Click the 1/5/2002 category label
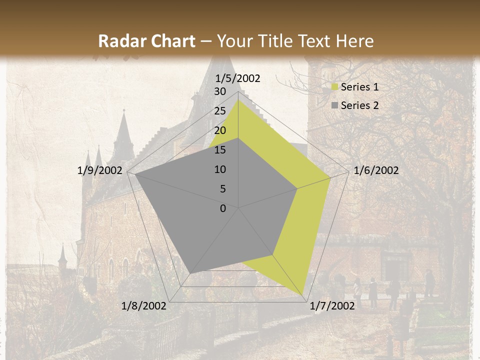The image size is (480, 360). point(238,78)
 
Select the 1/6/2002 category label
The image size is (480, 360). point(376,170)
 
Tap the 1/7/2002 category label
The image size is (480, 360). point(332,306)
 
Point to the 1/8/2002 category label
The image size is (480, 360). point(144,306)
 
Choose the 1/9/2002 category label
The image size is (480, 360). point(100,170)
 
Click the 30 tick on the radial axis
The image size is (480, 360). point(220,91)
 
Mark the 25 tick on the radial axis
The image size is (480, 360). point(220,111)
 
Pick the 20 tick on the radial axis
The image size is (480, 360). point(220,130)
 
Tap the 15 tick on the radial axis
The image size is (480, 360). point(220,150)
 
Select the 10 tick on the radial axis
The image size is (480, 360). point(220,169)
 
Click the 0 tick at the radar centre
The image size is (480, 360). point(223,208)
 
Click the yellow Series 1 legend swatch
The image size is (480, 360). point(335,87)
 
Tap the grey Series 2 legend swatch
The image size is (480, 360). point(335,105)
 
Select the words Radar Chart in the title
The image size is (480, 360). point(146,41)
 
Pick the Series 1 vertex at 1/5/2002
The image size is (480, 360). point(238,99)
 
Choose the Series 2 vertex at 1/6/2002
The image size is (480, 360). point(297,188)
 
